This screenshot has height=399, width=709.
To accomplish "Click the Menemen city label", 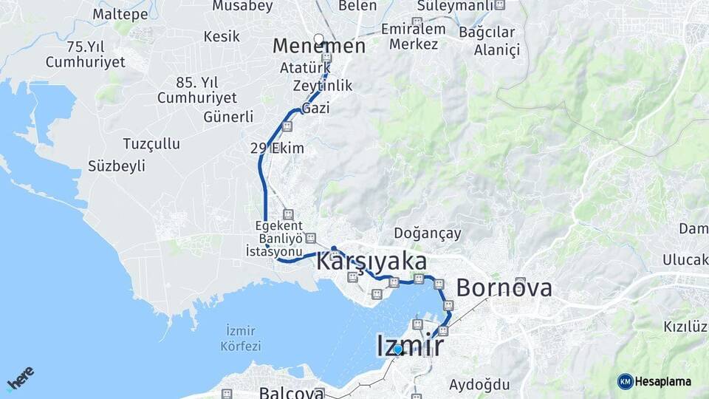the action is (x=318, y=47).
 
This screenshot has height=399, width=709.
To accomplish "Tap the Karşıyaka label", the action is (x=371, y=262).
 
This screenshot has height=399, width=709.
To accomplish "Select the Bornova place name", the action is (x=504, y=287).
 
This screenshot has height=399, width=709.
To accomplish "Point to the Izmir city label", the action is (x=410, y=345).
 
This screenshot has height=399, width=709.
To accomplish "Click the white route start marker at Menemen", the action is (x=319, y=38).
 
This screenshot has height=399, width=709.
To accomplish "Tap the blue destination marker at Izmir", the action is (x=398, y=349).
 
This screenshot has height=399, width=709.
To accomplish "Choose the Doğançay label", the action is (x=428, y=233).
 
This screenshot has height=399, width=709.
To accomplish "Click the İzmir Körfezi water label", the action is (x=241, y=339).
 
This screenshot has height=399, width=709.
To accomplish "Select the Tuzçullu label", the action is (x=151, y=143).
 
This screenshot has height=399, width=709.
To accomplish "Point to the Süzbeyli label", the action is (x=117, y=166).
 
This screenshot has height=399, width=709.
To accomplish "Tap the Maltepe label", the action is (x=120, y=13).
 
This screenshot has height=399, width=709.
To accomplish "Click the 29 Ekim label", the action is (x=277, y=149).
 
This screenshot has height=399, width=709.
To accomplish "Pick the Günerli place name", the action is (x=228, y=117).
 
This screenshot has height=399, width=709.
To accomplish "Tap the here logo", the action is (x=21, y=378).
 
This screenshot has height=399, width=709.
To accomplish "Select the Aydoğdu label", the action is (x=479, y=384).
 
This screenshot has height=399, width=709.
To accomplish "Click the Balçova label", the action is (x=291, y=393).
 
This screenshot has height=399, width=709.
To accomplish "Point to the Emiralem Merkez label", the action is (x=414, y=36).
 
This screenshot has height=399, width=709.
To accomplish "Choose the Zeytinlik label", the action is (x=322, y=86).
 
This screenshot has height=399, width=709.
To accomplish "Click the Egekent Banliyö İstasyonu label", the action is (x=274, y=239).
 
